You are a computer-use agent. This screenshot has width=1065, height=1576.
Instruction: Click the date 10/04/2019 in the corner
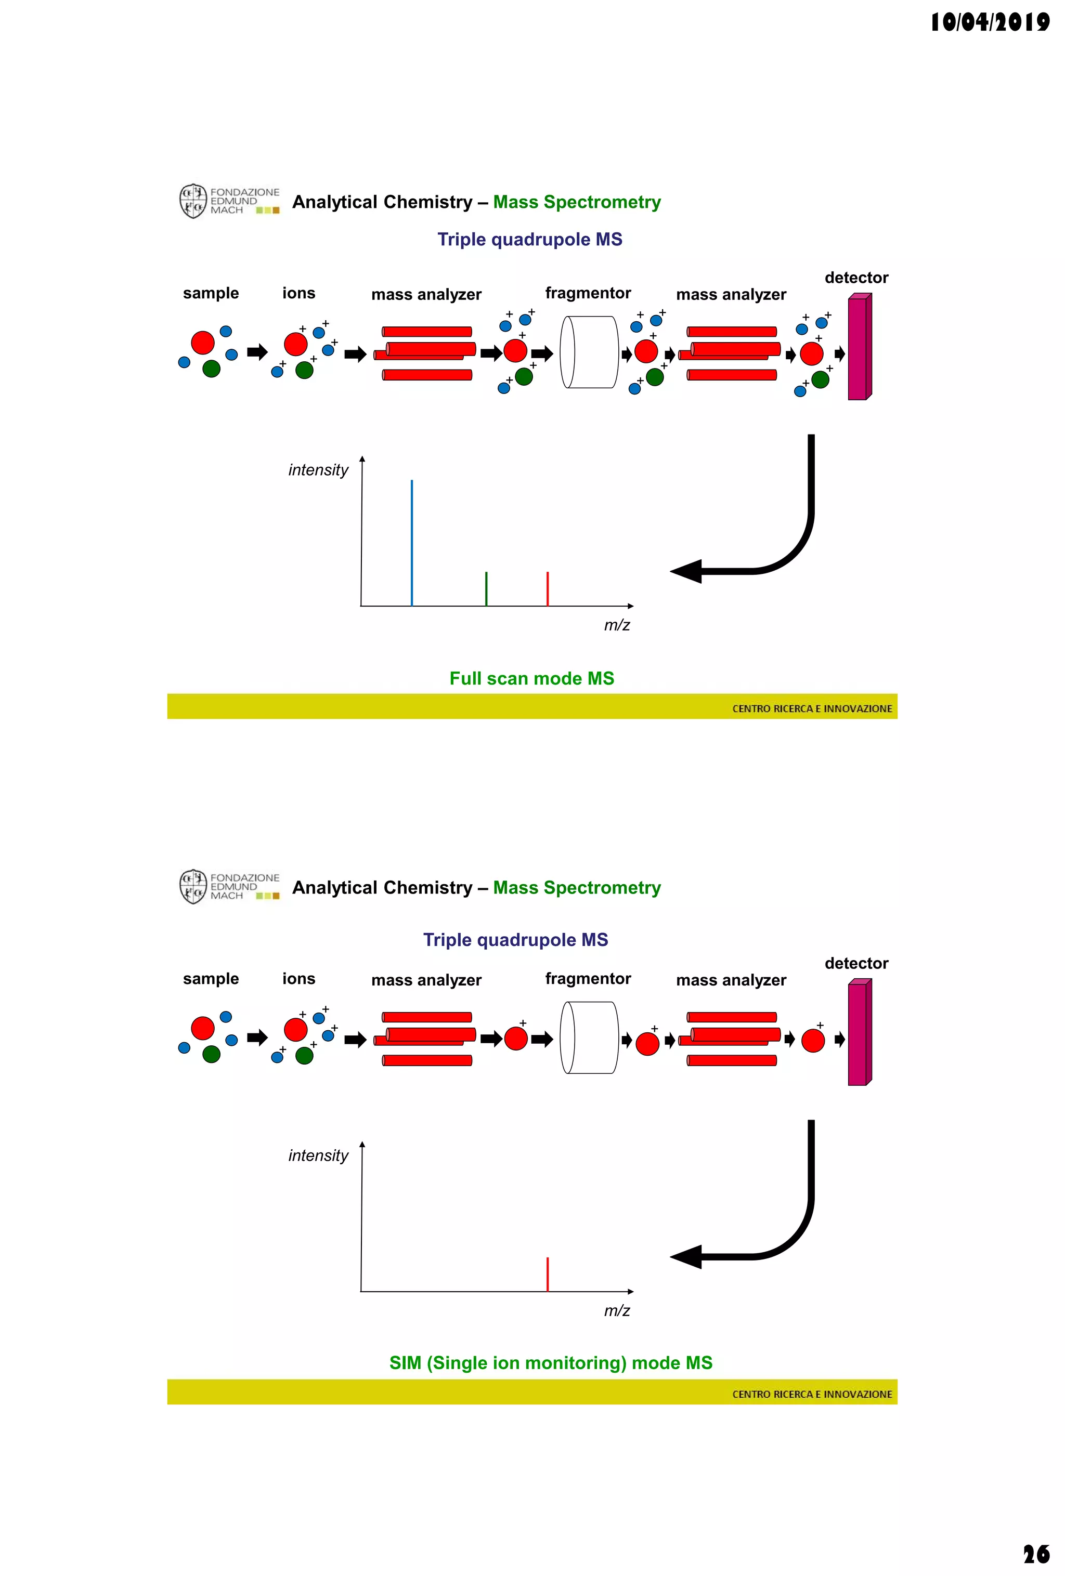[x=989, y=22]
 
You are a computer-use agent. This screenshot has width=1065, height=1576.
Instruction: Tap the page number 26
[x=1036, y=1554]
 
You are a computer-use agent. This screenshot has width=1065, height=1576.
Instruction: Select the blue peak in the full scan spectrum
[x=412, y=543]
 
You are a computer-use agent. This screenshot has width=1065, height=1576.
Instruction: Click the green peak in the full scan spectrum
[x=486, y=588]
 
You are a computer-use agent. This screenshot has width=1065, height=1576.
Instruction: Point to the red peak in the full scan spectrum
[x=548, y=588]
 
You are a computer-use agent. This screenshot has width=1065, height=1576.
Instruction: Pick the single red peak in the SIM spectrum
[x=548, y=1274]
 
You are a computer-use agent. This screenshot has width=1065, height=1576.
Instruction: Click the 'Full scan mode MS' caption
[x=532, y=678]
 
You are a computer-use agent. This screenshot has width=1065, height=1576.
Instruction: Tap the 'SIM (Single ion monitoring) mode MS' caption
[x=551, y=1362]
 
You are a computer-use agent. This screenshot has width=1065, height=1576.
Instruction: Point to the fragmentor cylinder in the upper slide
[x=589, y=352]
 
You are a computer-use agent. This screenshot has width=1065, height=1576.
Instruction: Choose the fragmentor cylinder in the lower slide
[x=589, y=1037]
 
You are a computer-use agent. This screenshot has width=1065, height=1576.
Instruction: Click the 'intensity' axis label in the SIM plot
[x=318, y=1155]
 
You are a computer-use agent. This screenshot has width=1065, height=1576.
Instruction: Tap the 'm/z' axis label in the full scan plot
[x=617, y=625]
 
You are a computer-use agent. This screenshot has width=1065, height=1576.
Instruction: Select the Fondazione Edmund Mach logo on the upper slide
[x=229, y=201]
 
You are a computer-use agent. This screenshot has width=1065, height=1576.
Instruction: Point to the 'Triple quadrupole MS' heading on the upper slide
[x=530, y=240]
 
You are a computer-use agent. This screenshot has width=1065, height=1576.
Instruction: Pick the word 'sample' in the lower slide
[x=211, y=979]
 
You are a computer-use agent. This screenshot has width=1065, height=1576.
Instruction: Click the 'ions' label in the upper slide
[x=298, y=293]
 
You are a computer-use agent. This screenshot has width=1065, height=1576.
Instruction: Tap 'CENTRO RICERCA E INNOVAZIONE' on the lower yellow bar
[x=812, y=1394]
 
